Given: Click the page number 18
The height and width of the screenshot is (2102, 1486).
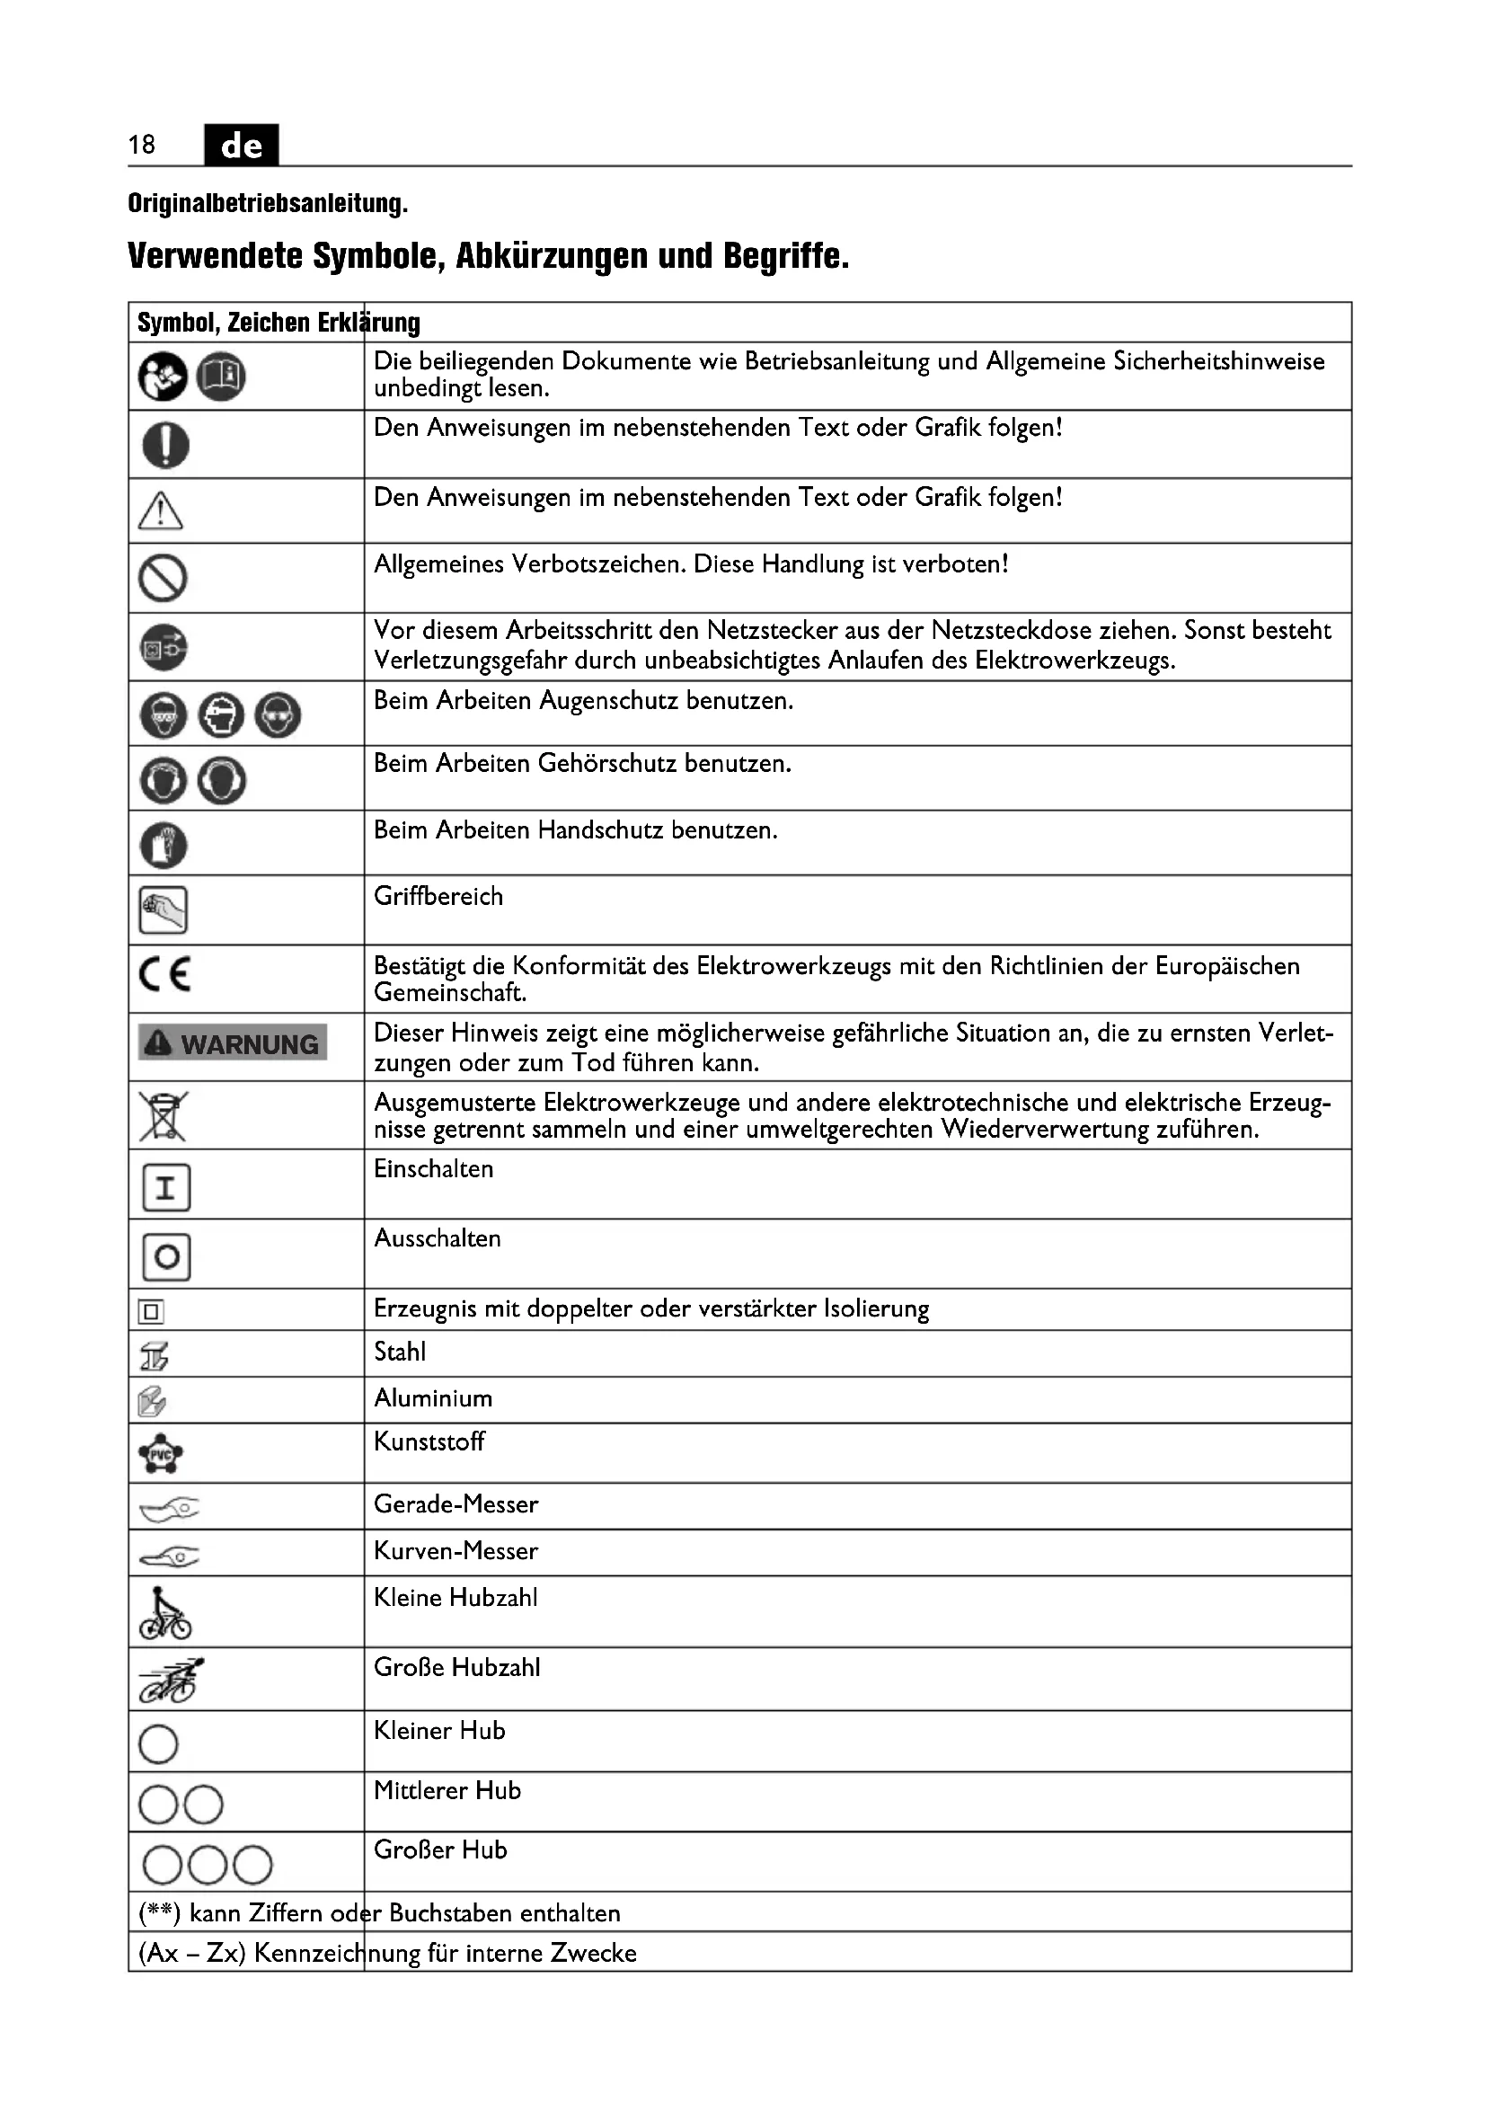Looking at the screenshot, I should click(x=142, y=145).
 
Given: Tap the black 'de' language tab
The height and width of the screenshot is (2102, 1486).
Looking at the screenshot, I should click(x=242, y=145).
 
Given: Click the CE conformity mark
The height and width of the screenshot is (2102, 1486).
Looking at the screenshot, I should click(x=165, y=974).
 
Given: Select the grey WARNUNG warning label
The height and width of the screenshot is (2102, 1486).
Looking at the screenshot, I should click(x=233, y=1042).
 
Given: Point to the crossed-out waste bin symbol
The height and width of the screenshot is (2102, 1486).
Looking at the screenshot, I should click(x=163, y=1115).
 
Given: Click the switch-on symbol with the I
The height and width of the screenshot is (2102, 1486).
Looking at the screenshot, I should click(x=165, y=1187).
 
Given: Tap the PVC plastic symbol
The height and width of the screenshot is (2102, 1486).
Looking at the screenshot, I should click(x=161, y=1453).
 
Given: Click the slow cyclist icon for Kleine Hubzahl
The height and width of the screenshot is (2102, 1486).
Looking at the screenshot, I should click(x=164, y=1613).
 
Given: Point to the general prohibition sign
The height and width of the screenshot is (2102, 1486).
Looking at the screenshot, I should click(x=163, y=579).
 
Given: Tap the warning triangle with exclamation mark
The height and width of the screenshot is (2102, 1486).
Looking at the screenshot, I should click(x=160, y=510).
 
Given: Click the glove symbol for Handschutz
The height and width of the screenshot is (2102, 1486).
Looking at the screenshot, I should click(x=163, y=845).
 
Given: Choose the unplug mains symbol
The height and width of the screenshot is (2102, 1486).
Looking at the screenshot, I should click(x=163, y=647).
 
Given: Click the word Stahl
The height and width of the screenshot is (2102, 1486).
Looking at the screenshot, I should click(x=400, y=1353).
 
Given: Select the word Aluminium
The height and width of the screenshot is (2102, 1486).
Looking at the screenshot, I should click(x=433, y=1399).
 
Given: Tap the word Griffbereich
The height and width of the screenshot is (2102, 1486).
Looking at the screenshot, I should click(x=438, y=896).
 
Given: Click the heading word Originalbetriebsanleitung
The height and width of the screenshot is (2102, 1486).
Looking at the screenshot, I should click(x=267, y=203).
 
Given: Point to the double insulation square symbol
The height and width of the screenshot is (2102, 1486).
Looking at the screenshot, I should click(x=151, y=1312).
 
